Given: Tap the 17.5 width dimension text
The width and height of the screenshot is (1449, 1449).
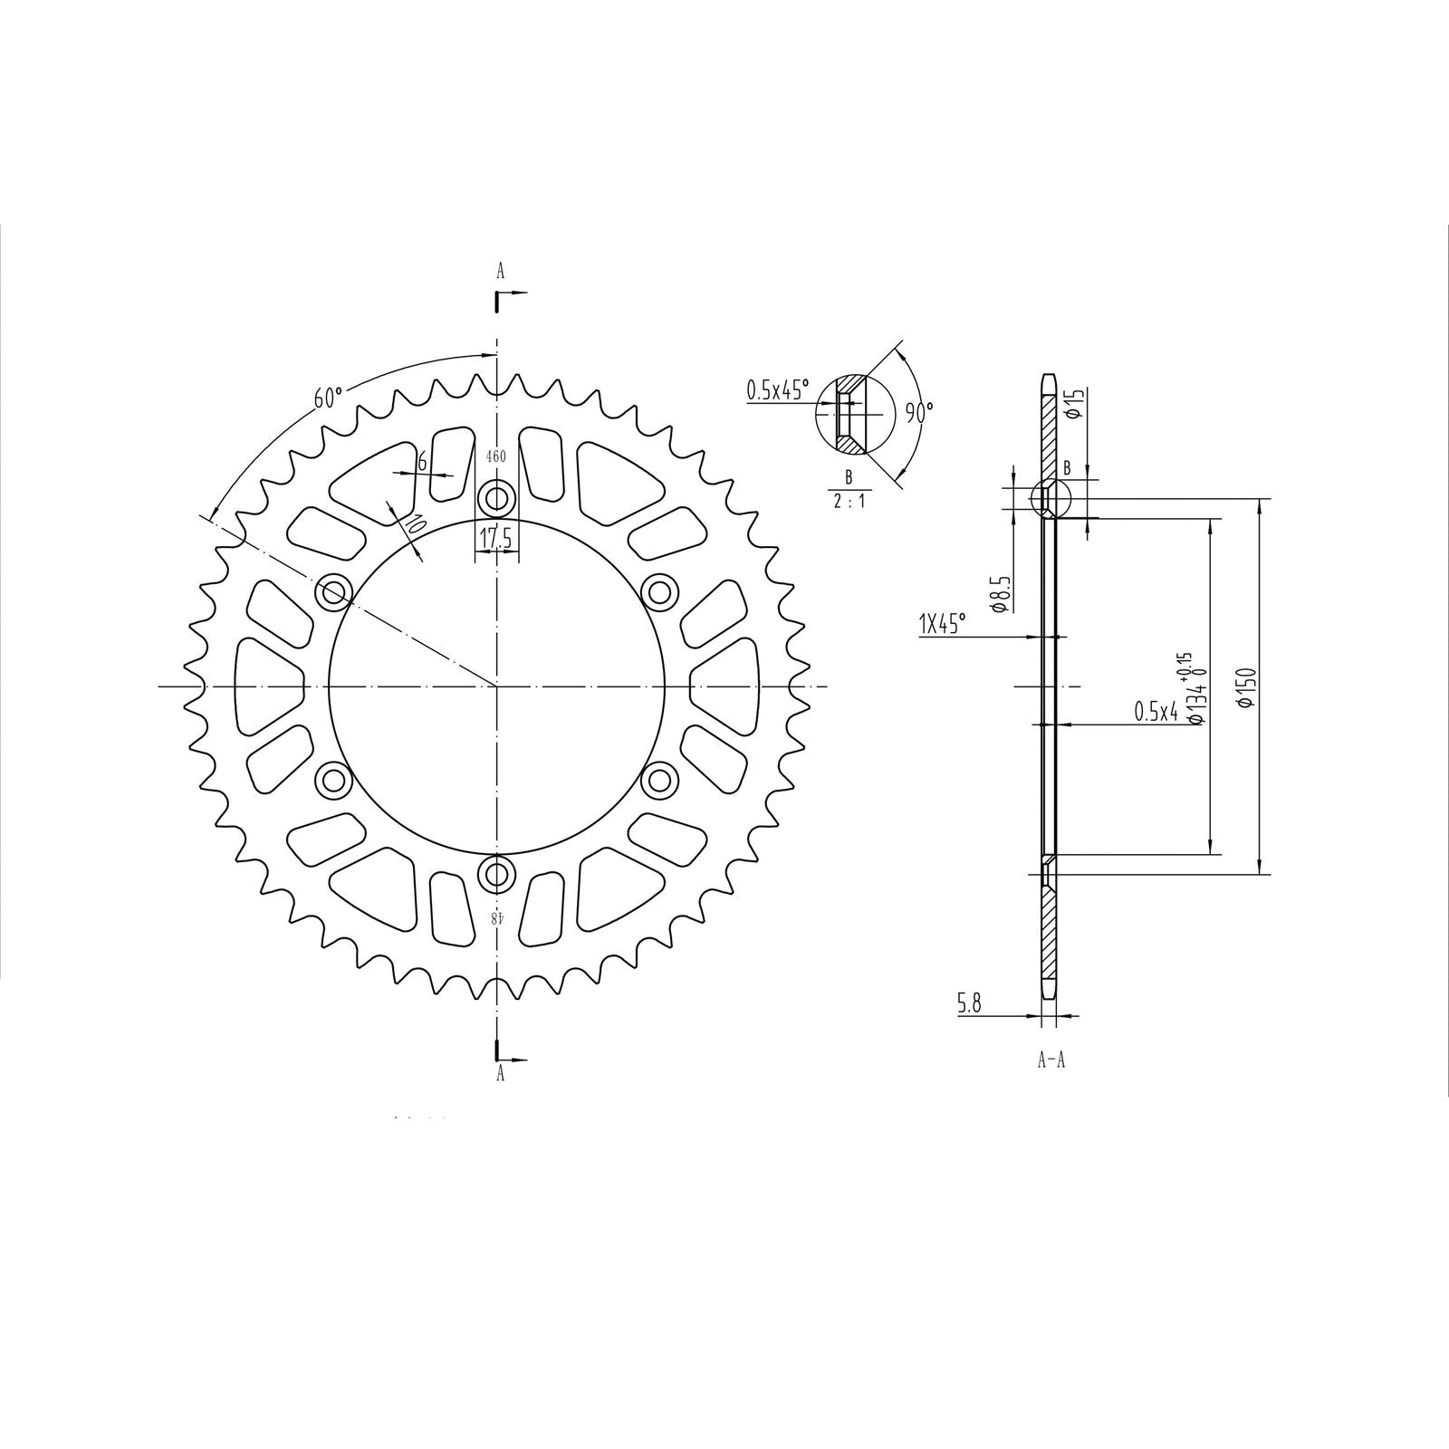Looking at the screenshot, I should tap(495, 538).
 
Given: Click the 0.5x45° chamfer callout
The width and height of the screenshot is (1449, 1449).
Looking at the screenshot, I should tap(778, 391).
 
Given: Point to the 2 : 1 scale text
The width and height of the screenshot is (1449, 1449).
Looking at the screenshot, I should tap(848, 501).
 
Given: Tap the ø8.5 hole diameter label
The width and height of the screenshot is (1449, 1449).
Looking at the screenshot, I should tap(998, 593).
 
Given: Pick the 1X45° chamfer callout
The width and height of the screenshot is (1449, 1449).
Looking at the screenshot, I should tap(943, 624).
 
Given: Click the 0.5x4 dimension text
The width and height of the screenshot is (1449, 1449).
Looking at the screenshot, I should tap(1156, 713).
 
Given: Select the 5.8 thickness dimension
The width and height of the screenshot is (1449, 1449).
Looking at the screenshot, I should tap(968, 1003).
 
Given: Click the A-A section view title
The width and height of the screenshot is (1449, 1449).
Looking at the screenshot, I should tap(1051, 1060).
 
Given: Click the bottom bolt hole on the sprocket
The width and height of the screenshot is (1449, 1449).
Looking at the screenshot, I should tap(496, 874).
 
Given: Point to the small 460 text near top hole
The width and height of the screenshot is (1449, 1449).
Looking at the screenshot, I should tap(496, 456).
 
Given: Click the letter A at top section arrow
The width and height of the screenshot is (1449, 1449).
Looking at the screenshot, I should tap(499, 270).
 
